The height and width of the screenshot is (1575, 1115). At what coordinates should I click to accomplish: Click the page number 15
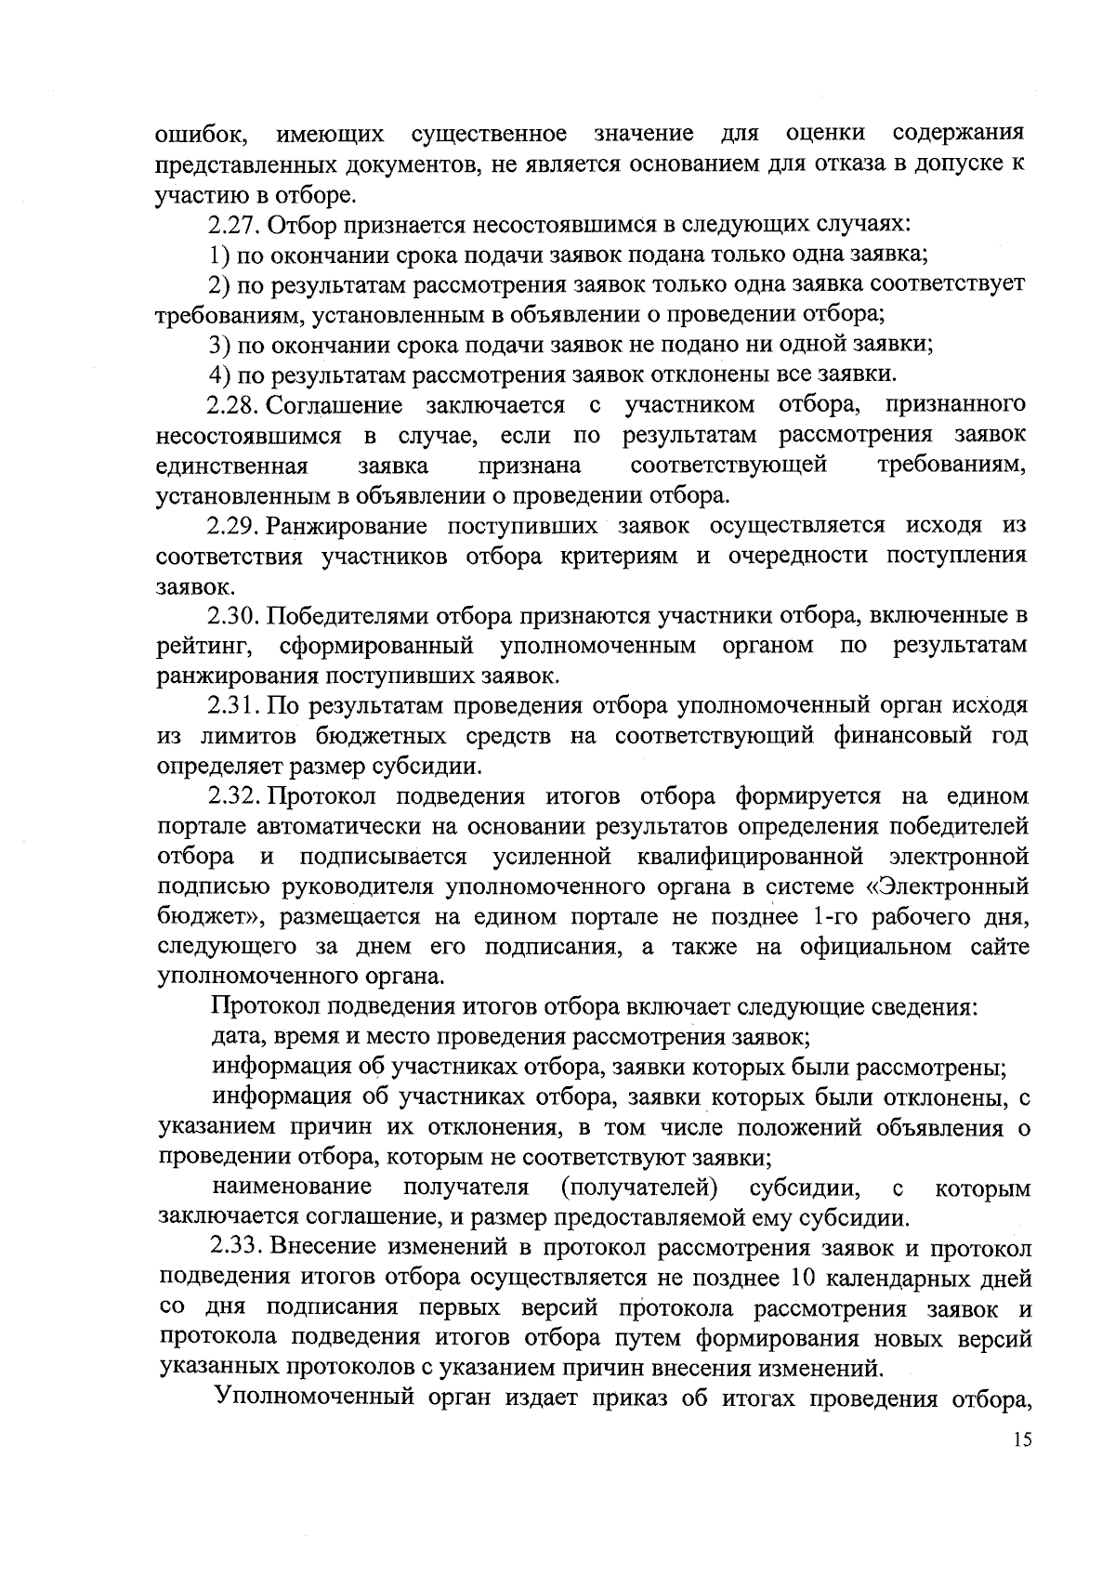coord(1023,1465)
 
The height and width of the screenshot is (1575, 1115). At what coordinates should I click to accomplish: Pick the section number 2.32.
coord(237,796)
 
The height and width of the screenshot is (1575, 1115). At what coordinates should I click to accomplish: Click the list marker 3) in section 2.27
coord(220,345)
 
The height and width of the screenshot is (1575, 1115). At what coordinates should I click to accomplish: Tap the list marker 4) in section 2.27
coord(220,375)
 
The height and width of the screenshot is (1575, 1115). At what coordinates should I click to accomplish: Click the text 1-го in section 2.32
coord(833,917)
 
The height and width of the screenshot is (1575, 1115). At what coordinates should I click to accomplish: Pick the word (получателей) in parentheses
coord(640,1188)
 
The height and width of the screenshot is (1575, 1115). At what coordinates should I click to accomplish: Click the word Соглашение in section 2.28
coord(334,405)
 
